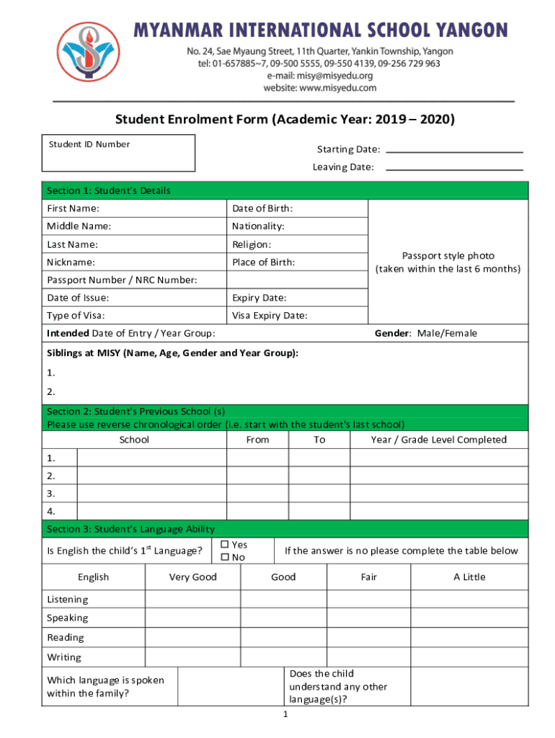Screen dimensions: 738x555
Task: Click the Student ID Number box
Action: (x=118, y=154)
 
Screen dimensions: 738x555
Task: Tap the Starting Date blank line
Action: (x=455, y=151)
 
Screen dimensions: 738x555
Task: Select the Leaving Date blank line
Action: (x=455, y=168)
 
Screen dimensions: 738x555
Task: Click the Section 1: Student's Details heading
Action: (x=109, y=191)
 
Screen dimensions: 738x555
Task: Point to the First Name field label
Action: (x=74, y=209)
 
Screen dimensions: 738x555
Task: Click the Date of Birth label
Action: (x=262, y=209)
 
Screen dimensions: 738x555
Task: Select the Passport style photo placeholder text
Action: (x=448, y=262)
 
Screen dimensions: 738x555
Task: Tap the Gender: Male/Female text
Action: (x=425, y=334)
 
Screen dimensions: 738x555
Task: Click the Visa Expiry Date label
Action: (x=270, y=316)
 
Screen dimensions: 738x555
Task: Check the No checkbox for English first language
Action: (x=224, y=558)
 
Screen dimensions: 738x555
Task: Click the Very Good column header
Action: (x=192, y=577)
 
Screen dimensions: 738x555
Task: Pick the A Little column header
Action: (x=469, y=577)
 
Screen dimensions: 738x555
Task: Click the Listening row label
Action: (x=68, y=600)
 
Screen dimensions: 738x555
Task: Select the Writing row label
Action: (x=64, y=657)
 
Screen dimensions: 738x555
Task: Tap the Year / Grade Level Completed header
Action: (x=438, y=440)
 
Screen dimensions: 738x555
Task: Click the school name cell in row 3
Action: (x=152, y=494)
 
